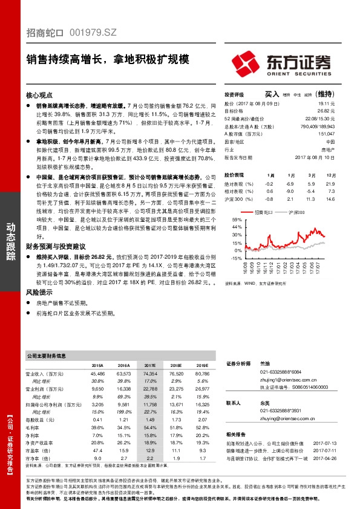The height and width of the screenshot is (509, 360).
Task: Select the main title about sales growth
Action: tap(108, 60)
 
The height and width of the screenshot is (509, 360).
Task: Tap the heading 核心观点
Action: tap(40, 96)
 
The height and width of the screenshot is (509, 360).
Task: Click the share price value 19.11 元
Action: tap(326, 104)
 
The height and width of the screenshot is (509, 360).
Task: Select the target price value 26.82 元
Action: tap(326, 111)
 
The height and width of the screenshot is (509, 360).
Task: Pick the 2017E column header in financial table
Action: tap(149, 366)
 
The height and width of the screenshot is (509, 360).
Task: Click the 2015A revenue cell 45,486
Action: tap(97, 374)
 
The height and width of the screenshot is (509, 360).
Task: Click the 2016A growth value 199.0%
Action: tap(123, 411)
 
